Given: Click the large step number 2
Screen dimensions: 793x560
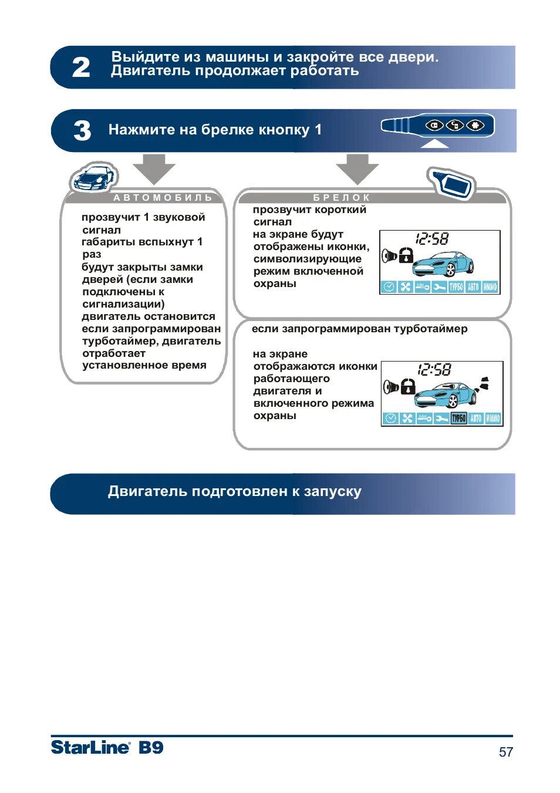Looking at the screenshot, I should [81, 68].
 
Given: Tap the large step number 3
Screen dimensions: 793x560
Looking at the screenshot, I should [82, 130].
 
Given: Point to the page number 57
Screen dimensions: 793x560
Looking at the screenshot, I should [505, 752].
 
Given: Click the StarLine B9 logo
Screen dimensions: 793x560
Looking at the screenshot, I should [107, 747].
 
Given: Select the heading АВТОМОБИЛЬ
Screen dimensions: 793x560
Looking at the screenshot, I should [163, 198].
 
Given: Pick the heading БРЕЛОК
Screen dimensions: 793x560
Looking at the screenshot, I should [342, 198].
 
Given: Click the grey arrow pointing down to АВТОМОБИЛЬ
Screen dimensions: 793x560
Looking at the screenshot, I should [154, 168].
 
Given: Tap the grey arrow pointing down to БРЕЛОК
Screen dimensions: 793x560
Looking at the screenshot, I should [357, 168].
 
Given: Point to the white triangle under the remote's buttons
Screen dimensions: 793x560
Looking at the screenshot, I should [434, 143].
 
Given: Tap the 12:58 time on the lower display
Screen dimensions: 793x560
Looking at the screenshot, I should [434, 370].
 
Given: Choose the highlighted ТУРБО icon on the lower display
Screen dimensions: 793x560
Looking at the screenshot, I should [458, 418].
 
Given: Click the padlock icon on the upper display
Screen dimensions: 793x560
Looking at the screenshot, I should [406, 255].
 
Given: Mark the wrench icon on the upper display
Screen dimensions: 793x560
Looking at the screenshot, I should [439, 287].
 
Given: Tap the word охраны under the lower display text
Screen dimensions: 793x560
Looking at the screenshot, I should [275, 416].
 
